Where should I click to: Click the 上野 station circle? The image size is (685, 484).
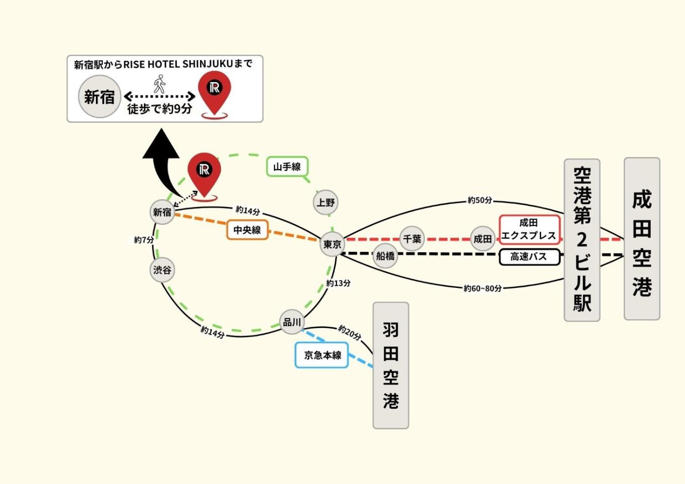click(x=325, y=202)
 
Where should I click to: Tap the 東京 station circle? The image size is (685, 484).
click(x=332, y=244)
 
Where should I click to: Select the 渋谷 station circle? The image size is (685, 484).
click(x=162, y=270)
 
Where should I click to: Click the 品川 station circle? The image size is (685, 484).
click(x=292, y=322)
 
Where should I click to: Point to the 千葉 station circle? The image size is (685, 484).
click(x=412, y=239)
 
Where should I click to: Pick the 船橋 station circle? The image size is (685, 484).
click(x=385, y=256)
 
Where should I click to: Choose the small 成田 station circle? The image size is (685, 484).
click(x=482, y=239)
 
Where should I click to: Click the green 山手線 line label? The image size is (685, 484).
click(x=287, y=167)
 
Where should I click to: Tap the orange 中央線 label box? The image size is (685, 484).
click(x=247, y=230)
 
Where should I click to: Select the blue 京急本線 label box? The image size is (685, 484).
click(x=322, y=355)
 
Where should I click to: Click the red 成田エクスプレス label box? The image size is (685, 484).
click(x=529, y=229)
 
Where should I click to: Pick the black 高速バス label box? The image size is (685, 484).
click(x=529, y=257)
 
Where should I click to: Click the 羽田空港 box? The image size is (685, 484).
click(x=390, y=365)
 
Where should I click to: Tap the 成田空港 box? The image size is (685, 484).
click(x=641, y=239)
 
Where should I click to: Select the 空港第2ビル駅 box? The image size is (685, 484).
click(x=582, y=240)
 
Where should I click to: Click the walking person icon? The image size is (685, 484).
click(x=160, y=84)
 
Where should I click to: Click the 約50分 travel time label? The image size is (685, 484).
click(x=479, y=200)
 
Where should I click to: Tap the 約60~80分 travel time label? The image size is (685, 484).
click(x=482, y=288)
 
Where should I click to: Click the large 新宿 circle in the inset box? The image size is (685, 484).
click(x=99, y=97)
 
